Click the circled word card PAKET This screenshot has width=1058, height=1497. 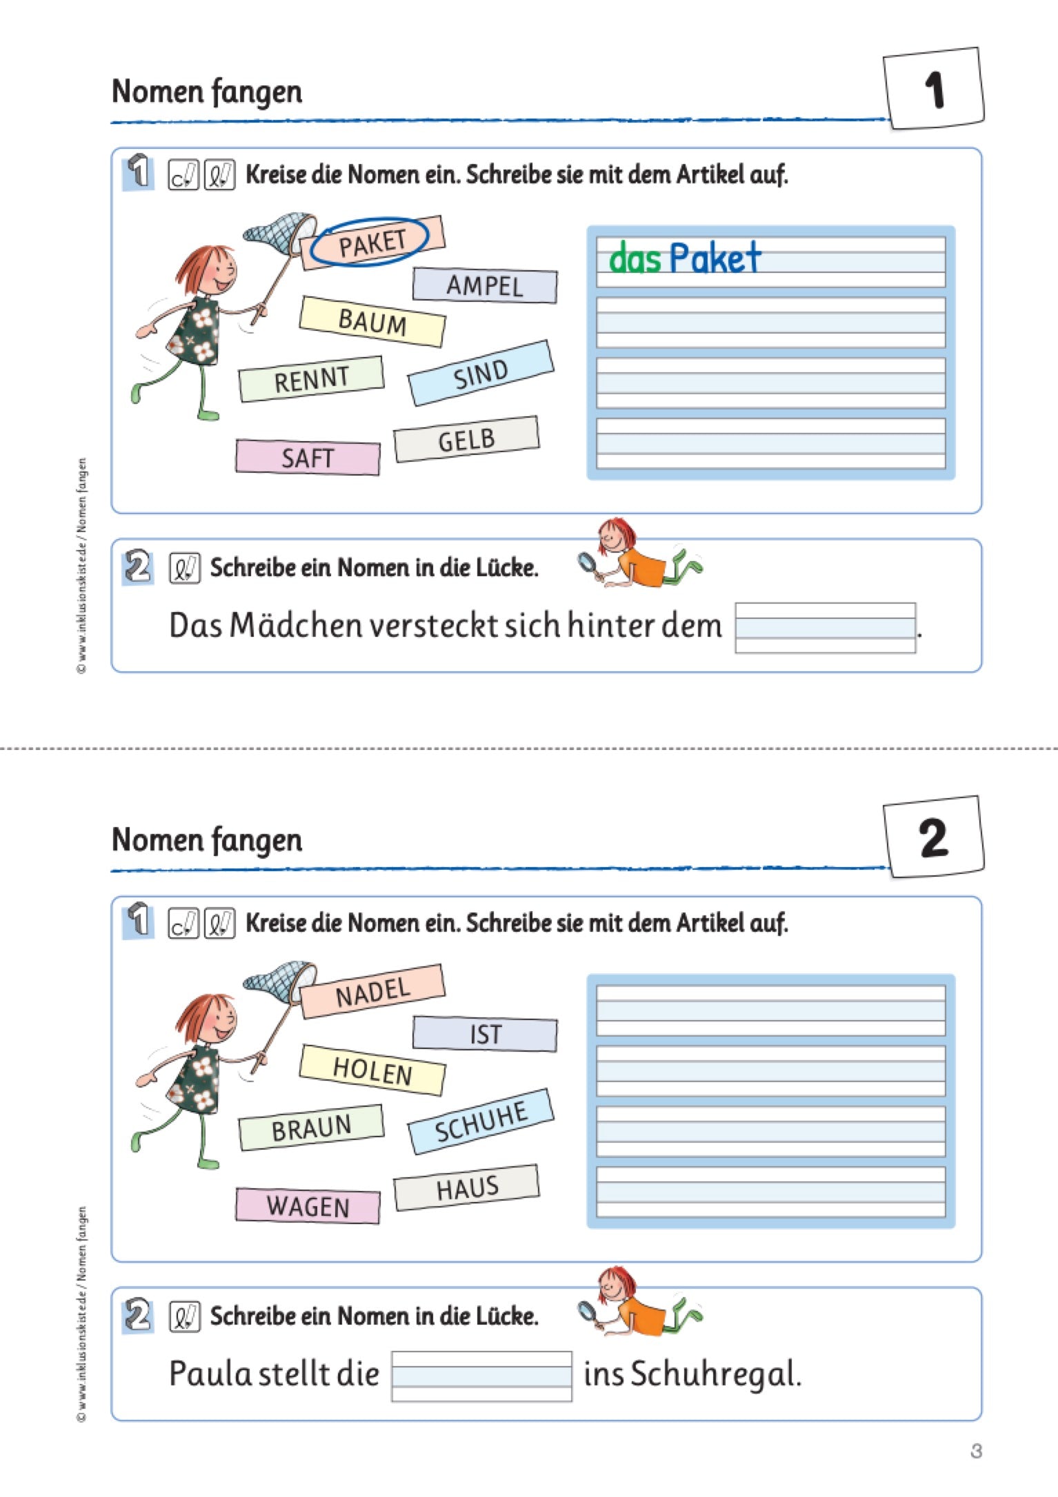372,243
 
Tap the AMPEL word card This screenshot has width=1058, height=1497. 485,285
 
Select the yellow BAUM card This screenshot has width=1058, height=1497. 372,322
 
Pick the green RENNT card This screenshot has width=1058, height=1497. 311,379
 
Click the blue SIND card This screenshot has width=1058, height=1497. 481,373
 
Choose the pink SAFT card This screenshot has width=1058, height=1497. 308,457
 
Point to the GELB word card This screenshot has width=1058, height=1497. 466,439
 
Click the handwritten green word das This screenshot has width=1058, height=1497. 635,260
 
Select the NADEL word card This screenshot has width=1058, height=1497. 372,991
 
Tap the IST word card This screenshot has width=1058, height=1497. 485,1034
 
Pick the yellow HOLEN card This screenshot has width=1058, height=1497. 372,1070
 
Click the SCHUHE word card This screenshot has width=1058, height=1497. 481,1121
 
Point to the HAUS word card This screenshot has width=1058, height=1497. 466,1188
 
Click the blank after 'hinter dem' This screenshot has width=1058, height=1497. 825,627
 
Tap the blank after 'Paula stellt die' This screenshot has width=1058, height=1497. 481,1376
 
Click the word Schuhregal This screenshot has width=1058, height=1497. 715,1374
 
